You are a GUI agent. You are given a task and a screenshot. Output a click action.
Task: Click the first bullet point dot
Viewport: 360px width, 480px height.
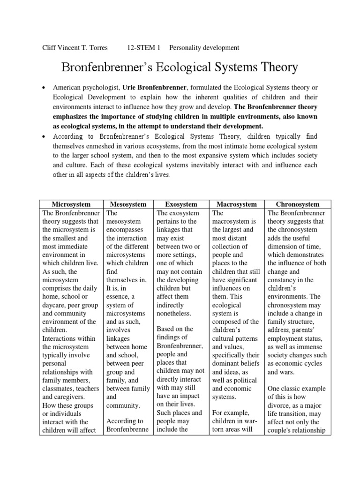43,88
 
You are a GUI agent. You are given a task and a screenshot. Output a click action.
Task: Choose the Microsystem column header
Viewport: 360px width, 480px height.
71,204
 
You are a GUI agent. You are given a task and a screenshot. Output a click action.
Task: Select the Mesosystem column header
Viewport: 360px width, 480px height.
128,204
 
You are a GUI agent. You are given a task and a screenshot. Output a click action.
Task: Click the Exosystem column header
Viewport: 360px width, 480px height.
181,204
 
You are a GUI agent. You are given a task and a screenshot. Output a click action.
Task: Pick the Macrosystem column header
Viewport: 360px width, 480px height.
236,204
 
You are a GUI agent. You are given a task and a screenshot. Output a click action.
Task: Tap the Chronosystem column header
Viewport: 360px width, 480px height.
298,204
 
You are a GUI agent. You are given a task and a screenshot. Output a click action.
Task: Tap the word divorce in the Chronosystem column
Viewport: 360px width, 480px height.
280,405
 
